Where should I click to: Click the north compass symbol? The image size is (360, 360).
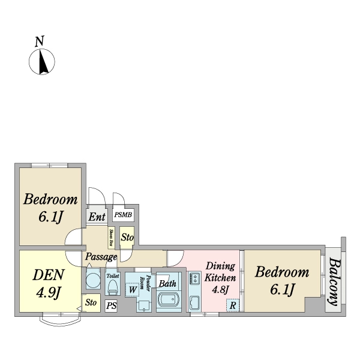(42, 60)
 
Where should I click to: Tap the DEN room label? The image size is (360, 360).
(47, 284)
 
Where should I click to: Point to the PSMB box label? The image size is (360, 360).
(124, 214)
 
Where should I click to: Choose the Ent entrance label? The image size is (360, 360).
(97, 217)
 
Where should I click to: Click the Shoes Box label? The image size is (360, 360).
(112, 237)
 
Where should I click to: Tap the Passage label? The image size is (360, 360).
(100, 257)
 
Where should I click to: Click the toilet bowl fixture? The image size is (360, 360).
(112, 287)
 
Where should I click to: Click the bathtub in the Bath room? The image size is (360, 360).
(169, 300)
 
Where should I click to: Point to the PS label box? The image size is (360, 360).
(111, 306)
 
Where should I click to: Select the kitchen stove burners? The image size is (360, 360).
(195, 278)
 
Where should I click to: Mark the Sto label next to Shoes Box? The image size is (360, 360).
(127, 238)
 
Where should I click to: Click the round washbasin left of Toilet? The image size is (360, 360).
(94, 280)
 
